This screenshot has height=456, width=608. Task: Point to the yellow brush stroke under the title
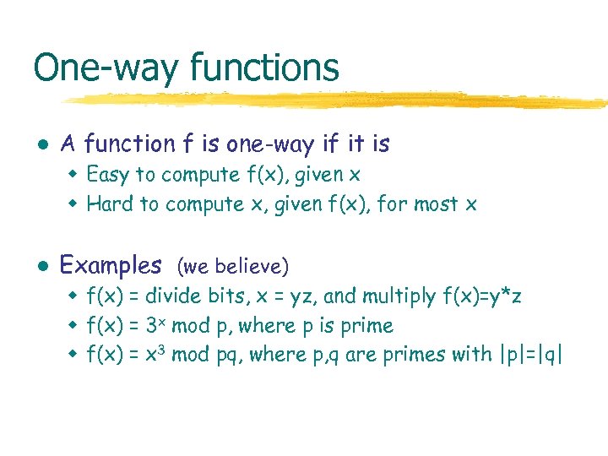(x=338, y=100)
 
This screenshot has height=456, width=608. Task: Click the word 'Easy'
(x=108, y=175)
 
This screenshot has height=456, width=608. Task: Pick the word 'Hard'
(x=110, y=204)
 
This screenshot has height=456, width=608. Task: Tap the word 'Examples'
(x=111, y=265)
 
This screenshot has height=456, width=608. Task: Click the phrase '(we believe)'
(x=233, y=267)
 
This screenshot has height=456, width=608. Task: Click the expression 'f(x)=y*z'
(x=482, y=296)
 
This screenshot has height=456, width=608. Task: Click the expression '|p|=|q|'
(x=529, y=355)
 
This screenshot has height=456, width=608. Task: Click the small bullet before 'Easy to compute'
(x=73, y=175)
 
